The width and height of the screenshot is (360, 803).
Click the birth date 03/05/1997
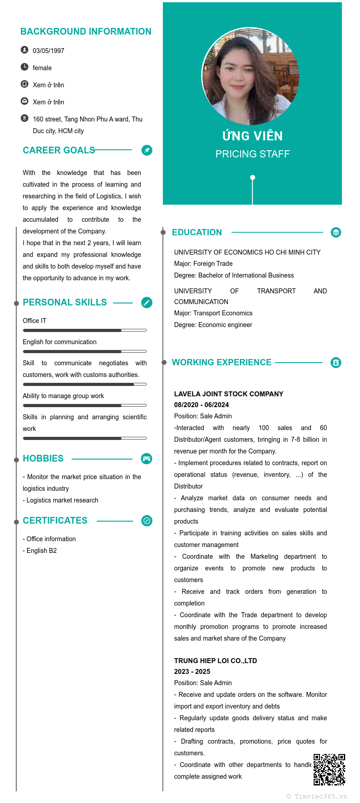48,51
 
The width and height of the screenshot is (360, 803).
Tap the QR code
329,769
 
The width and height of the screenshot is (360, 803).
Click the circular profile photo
250,76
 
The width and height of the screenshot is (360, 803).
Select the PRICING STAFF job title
252,154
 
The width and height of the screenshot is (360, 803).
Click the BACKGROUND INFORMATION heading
85,31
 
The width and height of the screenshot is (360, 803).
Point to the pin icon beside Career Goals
147,150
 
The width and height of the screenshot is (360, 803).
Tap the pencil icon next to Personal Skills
147,303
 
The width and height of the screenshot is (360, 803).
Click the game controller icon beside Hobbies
147,459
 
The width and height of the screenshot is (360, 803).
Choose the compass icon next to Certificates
147,521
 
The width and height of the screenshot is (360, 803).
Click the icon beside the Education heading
336,233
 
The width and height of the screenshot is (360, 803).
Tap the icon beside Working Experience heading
336,363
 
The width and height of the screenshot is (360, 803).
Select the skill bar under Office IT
85,330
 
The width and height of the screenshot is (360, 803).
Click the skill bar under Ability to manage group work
85,405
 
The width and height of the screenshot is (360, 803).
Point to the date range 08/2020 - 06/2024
201,405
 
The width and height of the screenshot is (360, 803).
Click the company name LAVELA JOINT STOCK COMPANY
229,394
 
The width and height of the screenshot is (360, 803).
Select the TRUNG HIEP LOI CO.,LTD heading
216,661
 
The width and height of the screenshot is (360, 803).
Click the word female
42,68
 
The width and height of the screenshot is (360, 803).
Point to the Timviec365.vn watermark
317,796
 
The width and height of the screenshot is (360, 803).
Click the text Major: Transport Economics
213,313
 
